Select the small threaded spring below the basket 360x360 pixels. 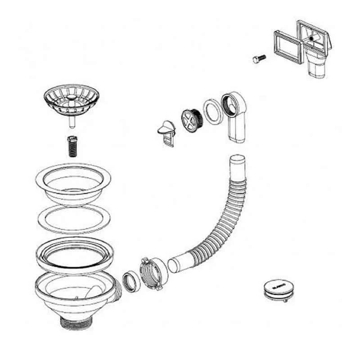(72, 145)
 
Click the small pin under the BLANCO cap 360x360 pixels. (285, 300)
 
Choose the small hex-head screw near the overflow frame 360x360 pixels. (259, 58)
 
